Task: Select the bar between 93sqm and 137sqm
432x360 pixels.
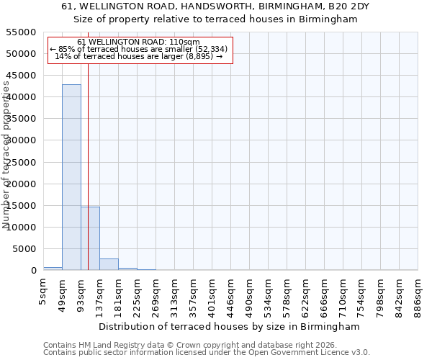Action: click(90, 238)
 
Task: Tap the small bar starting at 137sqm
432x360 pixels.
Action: click(109, 264)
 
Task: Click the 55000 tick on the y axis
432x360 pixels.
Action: click(22, 32)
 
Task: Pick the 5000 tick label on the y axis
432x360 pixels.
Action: click(24, 249)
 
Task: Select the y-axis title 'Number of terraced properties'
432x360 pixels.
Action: click(6, 155)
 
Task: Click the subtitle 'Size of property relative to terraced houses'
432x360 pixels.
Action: click(215, 19)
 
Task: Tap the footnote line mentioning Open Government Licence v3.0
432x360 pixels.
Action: click(207, 353)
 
